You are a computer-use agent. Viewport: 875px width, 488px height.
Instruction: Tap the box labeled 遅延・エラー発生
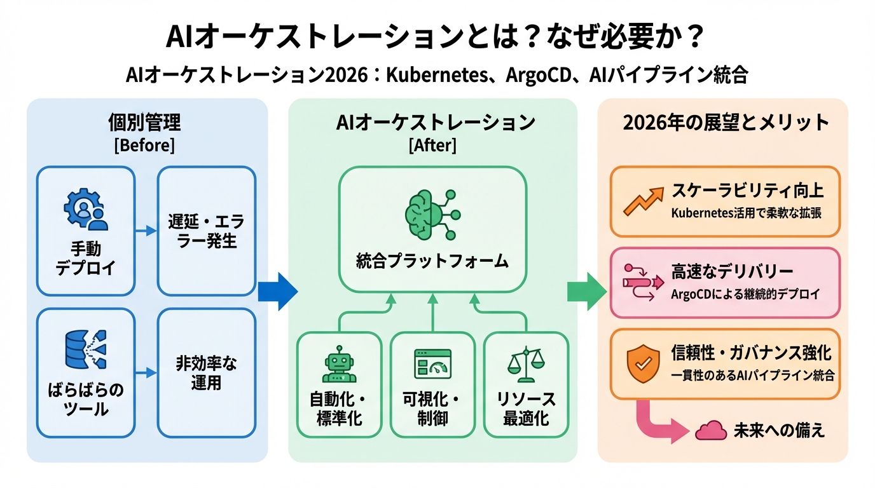point(206,231)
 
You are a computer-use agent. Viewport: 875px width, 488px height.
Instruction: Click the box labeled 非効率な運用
point(206,373)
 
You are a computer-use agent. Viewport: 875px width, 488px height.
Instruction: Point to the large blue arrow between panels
point(277,291)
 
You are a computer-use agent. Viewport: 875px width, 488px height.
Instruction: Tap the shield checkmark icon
point(640,363)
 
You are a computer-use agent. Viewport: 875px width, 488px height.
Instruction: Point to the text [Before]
point(144,145)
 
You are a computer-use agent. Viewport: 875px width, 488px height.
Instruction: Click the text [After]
point(432,145)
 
